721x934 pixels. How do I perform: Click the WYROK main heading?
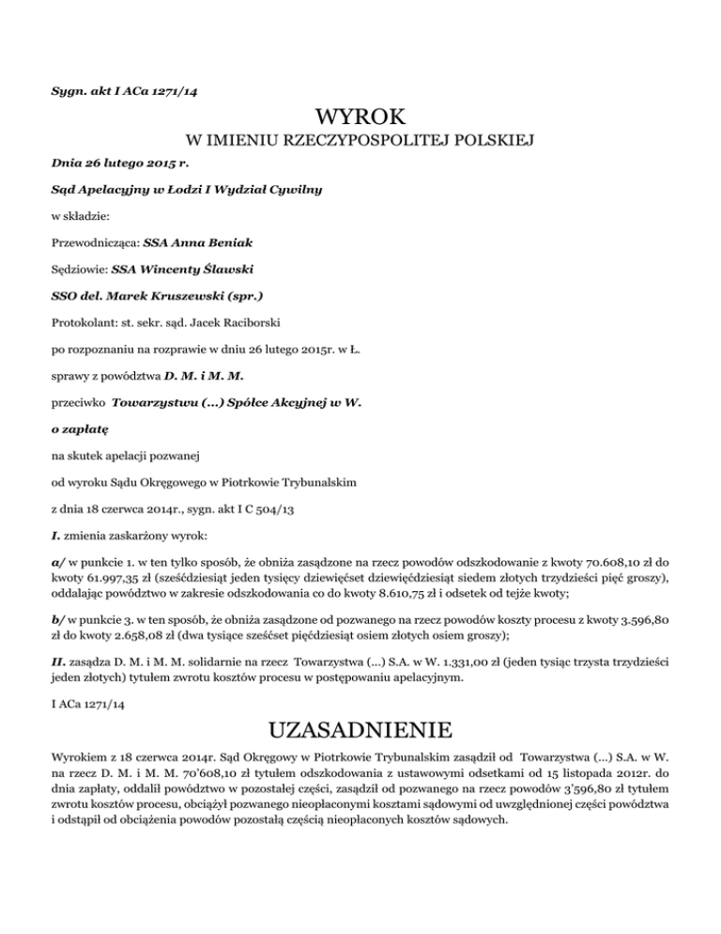click(360, 118)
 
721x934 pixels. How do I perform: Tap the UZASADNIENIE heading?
click(360, 729)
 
